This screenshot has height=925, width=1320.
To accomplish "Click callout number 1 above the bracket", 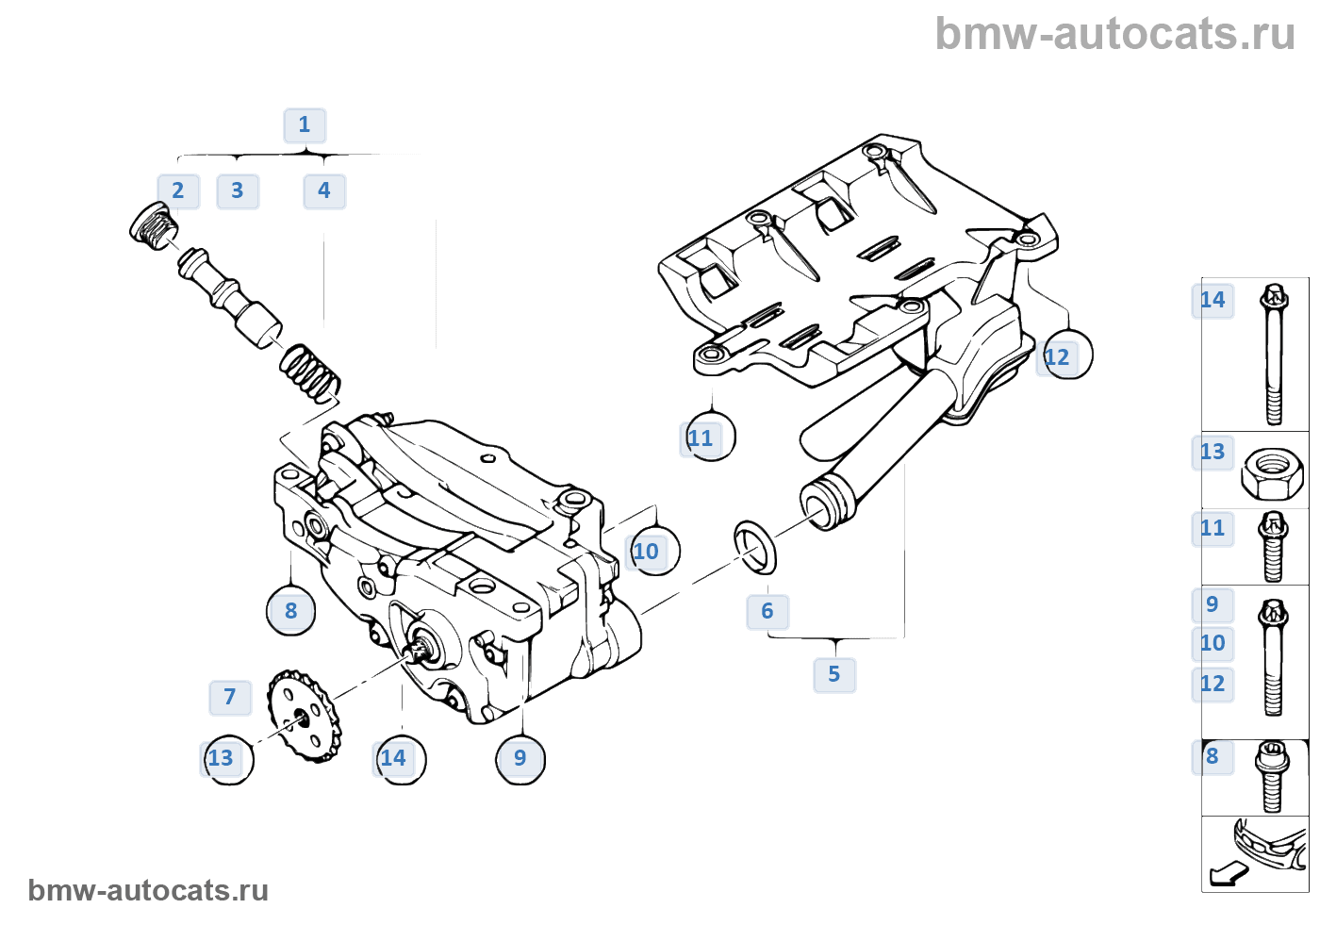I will point(305,124).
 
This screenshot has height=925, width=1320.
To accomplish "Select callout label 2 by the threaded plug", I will point(178,190).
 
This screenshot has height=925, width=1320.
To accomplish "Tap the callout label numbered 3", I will point(238,190).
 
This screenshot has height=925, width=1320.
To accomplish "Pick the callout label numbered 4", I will point(324,190).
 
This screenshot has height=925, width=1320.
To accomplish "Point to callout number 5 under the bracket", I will point(834,674).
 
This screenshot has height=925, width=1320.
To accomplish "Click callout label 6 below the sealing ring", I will point(767,611).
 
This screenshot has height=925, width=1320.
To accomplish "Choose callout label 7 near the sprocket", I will point(230,697).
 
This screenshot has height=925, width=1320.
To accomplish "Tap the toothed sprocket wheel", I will point(304,716).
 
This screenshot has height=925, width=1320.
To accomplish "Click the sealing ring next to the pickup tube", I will point(755,546).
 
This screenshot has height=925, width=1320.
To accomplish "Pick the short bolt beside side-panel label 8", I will point(1271,776).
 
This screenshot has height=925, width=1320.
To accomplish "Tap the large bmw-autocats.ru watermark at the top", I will point(1114,34).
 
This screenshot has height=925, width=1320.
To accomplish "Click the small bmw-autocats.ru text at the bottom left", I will point(148,890).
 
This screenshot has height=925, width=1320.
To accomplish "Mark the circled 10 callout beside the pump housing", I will point(650,552).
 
